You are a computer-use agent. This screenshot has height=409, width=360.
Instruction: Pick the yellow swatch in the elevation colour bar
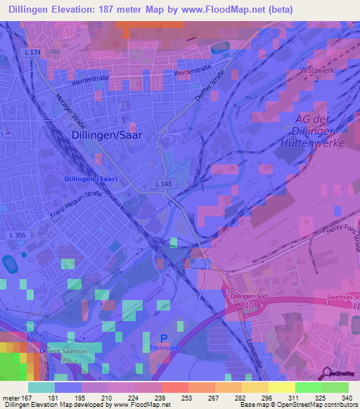(281, 387)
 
